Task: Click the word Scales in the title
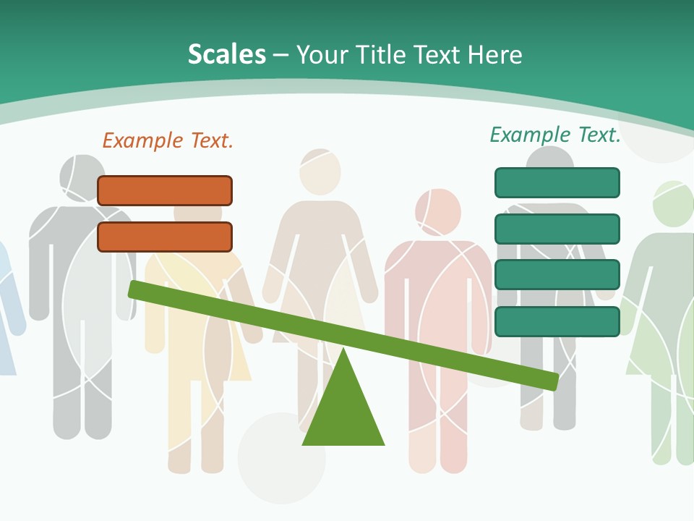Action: [227, 54]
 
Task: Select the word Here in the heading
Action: [494, 54]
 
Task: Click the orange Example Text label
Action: [168, 140]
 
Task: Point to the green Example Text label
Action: [555, 135]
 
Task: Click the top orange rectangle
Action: [165, 190]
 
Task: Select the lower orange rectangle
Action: [165, 237]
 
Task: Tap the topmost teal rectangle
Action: [557, 182]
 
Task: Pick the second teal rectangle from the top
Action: [557, 229]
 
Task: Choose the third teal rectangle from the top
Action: [557, 275]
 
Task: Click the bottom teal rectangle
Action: [557, 321]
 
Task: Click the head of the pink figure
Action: [437, 211]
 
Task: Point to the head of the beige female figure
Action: [320, 171]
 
